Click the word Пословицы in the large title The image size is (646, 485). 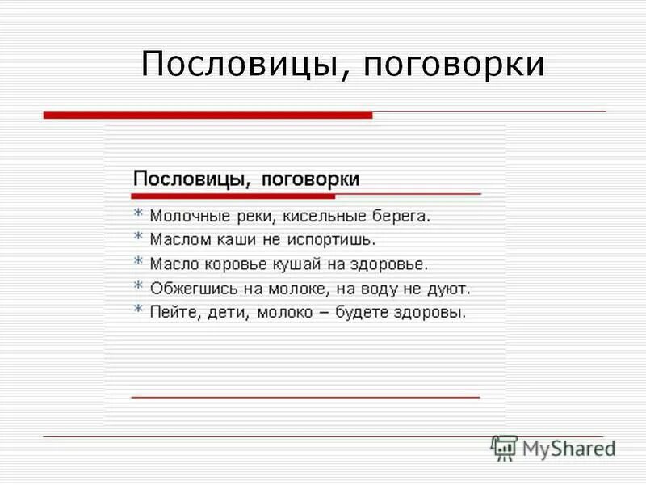click(x=240, y=65)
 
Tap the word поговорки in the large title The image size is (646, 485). click(x=454, y=65)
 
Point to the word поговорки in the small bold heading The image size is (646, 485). click(x=311, y=179)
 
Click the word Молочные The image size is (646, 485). click(x=185, y=217)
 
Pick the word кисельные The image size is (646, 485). click(x=323, y=217)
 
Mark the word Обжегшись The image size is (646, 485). click(x=190, y=288)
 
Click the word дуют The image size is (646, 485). click(x=451, y=288)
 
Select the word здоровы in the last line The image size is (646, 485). click(x=438, y=312)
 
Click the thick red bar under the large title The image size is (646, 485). click(x=208, y=116)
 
